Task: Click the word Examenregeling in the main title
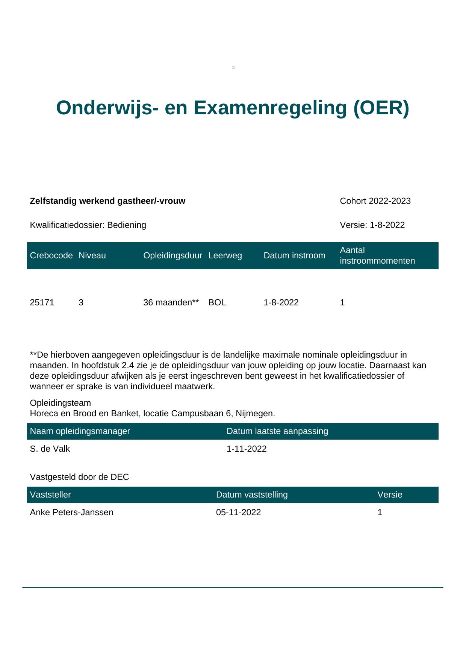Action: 270,108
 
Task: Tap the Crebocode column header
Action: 51,256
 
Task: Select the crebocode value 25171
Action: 42,303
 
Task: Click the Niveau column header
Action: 92,256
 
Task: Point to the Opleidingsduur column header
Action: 172,256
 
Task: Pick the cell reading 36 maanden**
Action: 171,303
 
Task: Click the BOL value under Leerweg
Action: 217,303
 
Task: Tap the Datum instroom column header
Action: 294,256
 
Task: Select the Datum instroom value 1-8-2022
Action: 281,303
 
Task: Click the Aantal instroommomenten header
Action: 377,256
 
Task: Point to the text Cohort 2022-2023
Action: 375,201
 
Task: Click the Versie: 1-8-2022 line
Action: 372,225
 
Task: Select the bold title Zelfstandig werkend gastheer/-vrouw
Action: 107,201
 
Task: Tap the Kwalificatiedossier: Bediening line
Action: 88,225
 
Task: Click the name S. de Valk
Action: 50,449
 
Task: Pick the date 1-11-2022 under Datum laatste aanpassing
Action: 247,449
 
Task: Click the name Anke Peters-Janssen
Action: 71,513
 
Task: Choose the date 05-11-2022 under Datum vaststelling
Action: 238,513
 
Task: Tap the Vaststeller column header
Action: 50,495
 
